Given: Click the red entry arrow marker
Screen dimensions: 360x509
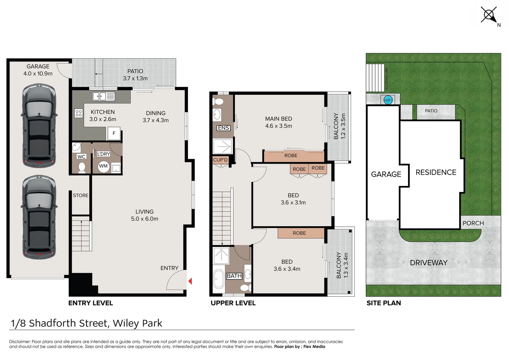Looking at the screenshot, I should click(190, 281).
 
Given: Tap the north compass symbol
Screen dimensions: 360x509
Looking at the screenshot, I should click(489, 15).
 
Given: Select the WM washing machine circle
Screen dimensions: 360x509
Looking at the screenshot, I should click(103, 166).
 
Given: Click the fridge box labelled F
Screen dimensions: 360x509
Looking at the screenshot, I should click(114, 133).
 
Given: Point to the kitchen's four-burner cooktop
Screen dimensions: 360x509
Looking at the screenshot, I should click(79, 113).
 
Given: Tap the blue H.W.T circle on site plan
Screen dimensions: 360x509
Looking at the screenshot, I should click(388, 100).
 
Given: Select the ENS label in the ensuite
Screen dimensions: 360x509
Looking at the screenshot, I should click(223, 128).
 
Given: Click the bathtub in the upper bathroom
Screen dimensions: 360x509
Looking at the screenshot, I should click(219, 279).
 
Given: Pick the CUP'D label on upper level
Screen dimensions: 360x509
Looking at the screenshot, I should click(220, 160).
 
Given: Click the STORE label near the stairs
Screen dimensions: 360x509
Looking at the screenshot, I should click(81, 196).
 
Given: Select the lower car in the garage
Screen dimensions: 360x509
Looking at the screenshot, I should click(39, 217).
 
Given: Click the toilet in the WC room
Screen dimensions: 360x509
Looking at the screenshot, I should click(82, 167).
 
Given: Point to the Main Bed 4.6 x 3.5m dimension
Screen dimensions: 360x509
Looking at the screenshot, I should click(278, 126).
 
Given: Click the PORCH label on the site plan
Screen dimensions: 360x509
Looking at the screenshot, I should click(473, 223).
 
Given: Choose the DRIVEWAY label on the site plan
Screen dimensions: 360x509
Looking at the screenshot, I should click(428, 263).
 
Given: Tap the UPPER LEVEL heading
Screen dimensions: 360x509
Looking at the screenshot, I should click(233, 303).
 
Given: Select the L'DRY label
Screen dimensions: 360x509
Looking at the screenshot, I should click(103, 154).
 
